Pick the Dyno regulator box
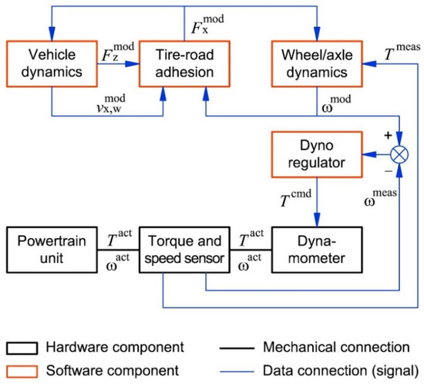pos(316,153)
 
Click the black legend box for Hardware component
pos(21,345)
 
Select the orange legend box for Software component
pos(21,368)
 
